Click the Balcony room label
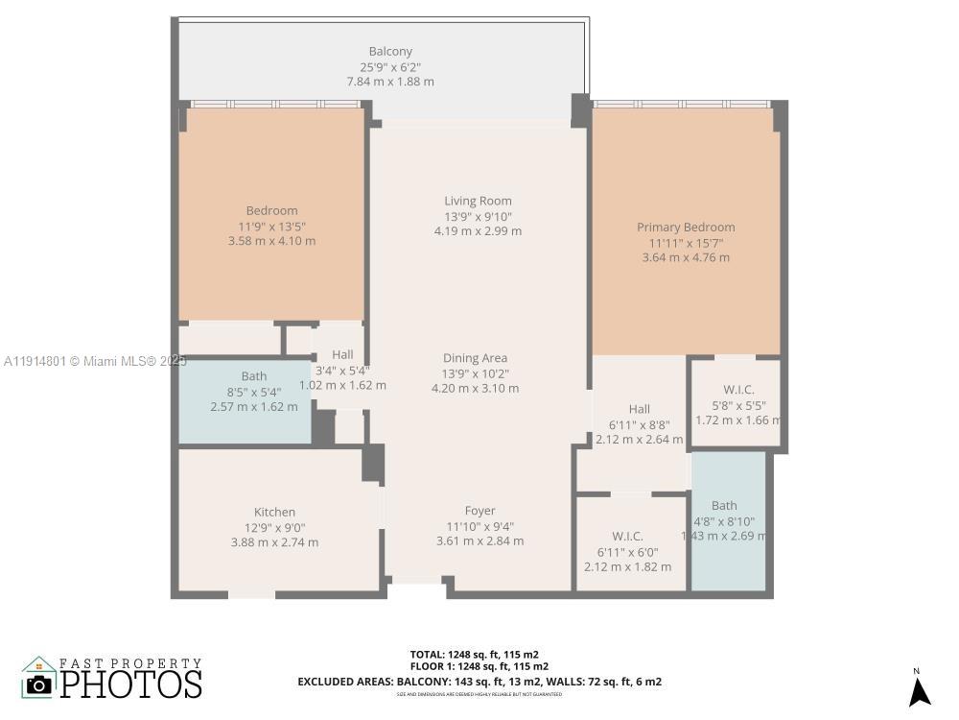point(390,51)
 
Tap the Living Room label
point(478,201)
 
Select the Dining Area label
point(475,358)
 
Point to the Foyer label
point(479,511)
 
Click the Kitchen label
point(274,512)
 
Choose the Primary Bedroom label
point(686,228)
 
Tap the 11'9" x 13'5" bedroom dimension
point(271,226)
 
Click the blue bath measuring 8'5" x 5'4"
point(246,399)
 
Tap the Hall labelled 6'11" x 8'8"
point(640,424)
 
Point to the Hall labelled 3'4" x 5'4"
point(342,370)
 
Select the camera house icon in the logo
point(39,679)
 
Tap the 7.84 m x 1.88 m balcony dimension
point(390,82)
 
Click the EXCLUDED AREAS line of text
point(479,682)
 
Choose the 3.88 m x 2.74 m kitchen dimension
point(274,542)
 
